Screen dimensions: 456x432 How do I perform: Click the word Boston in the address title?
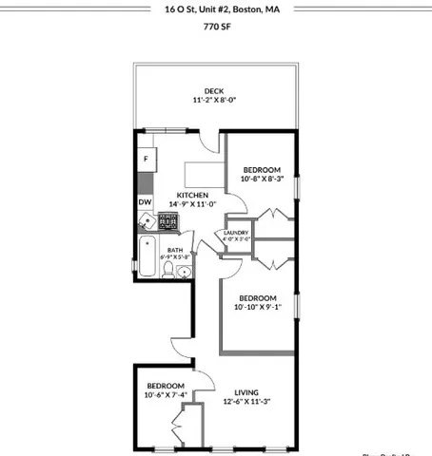click(243, 9)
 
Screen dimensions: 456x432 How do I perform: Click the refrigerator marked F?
click(147, 159)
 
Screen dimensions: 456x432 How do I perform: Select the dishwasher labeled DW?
click(145, 202)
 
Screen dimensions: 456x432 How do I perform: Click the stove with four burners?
click(167, 221)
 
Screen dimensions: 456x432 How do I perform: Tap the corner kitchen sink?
click(146, 222)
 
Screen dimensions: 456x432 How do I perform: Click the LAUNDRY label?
click(236, 233)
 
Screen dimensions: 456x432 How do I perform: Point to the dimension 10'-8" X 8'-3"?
click(263, 178)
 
